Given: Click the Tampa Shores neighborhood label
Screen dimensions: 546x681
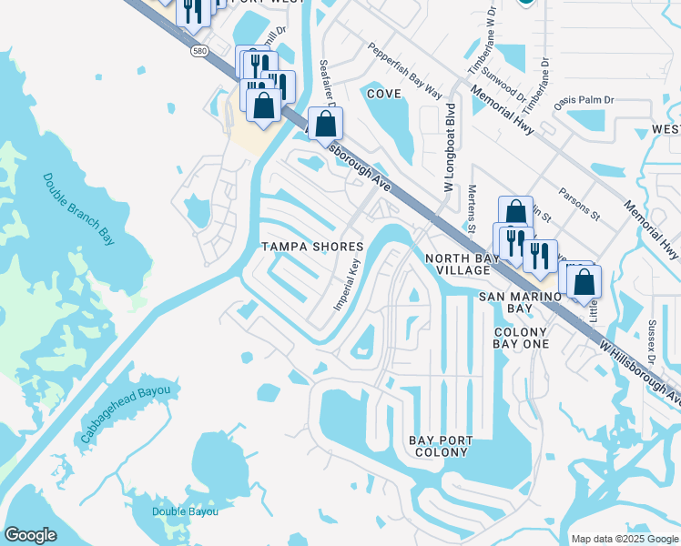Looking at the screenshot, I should (312, 247).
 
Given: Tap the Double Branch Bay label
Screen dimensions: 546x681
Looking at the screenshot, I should (80, 208).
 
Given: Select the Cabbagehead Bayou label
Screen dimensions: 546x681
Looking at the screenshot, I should (126, 415).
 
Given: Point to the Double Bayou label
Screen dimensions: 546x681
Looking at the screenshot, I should (185, 511).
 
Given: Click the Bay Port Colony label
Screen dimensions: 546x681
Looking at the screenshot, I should (442, 446).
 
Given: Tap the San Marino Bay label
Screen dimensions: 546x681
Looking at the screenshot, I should (519, 303).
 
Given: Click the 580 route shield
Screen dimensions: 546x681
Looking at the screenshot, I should (198, 54).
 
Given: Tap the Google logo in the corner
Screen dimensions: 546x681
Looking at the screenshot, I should (30, 535).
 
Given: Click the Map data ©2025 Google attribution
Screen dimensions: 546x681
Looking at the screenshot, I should (623, 538).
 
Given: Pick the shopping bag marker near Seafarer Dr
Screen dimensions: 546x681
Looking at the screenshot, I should (323, 125).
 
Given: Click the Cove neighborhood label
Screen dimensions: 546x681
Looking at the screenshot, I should (383, 93).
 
